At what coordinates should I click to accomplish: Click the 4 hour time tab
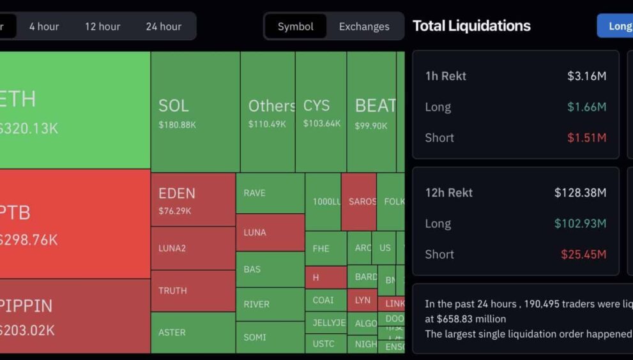[44, 26]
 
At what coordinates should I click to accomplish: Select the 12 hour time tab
[102, 26]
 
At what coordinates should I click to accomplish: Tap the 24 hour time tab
[164, 26]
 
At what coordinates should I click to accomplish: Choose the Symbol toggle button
[295, 26]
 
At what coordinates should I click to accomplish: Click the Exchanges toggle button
[364, 26]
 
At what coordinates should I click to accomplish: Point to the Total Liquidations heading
[471, 26]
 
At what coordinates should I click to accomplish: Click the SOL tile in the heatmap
[195, 112]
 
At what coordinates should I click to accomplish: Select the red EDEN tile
[193, 199]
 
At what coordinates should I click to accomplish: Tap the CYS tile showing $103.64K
[321, 112]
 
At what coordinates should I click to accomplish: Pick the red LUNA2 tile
[193, 248]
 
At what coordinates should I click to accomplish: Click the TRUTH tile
[193, 290]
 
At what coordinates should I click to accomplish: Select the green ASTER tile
[193, 332]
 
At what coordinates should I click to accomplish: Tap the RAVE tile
[270, 193]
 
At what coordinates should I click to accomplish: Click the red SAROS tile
[358, 202]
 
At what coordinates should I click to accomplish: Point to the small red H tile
[325, 278]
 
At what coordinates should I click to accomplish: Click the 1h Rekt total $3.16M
[586, 76]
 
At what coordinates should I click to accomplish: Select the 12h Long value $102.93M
[580, 223]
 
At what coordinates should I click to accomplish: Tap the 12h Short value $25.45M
[583, 254]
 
